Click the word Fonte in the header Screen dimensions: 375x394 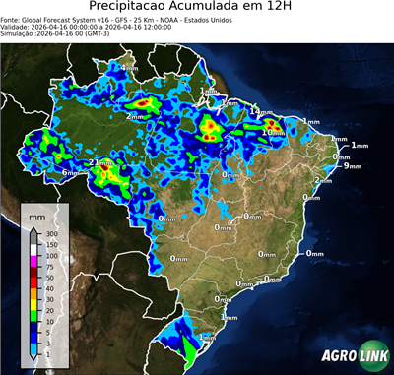(12, 20)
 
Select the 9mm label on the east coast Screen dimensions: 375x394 (352, 165)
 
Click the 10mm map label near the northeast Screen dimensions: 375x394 (274, 131)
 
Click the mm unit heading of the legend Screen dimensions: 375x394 (36, 214)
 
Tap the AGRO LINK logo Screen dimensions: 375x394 (350, 356)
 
